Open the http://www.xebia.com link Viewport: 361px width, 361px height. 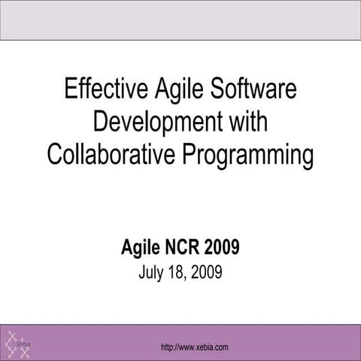[x=195, y=346]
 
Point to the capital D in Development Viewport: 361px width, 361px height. [x=100, y=121]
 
